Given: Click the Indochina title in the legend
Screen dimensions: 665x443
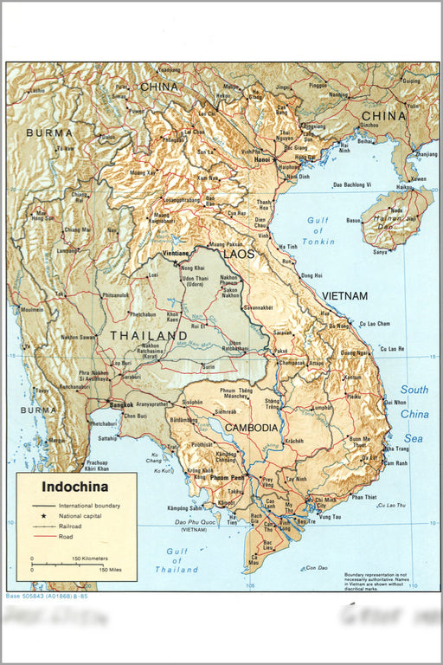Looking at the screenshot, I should click(75, 487).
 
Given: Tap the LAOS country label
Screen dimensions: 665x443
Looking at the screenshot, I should click(239, 255).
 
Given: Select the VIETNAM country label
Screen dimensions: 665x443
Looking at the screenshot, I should click(344, 296).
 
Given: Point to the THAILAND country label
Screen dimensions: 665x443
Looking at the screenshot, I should click(148, 335).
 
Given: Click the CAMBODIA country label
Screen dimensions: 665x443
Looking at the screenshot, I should click(251, 428).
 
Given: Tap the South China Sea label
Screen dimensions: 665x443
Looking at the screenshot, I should click(414, 414).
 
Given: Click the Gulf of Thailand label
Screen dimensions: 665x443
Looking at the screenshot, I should click(177, 560).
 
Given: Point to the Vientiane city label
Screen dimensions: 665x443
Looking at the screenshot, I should click(177, 253).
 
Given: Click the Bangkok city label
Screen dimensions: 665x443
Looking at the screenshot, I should click(120, 404).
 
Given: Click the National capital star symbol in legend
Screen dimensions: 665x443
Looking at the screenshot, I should click(42, 515).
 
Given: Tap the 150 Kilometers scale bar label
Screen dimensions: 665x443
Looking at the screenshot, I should click(90, 558).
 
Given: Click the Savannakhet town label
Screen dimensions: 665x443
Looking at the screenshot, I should click(264, 307).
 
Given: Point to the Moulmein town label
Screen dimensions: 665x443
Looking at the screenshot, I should click(31, 309).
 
